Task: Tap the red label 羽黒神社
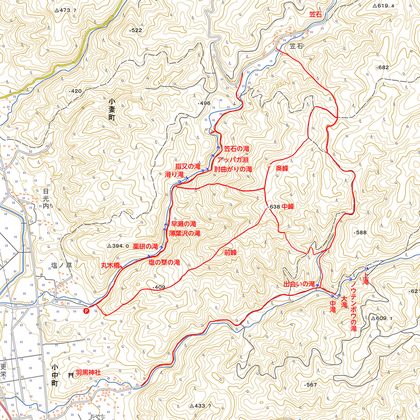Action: click(x=88, y=373)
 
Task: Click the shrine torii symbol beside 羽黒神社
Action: click(x=71, y=375)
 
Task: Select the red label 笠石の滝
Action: click(x=236, y=148)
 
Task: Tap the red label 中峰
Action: click(x=288, y=207)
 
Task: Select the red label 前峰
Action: click(x=231, y=253)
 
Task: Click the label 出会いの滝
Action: click(x=299, y=284)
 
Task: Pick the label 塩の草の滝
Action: click(x=164, y=263)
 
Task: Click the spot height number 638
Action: click(x=274, y=207)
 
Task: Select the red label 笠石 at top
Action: click(x=315, y=14)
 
